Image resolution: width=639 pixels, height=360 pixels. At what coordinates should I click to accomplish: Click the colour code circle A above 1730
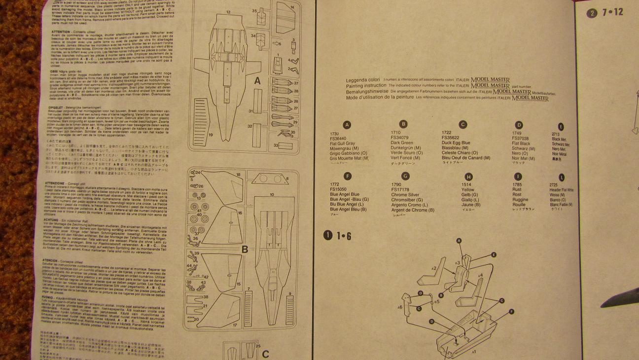[x=347, y=125]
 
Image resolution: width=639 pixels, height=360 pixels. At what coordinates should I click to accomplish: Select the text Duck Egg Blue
[x=456, y=143]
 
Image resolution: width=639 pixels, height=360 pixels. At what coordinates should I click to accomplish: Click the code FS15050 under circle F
[x=339, y=189]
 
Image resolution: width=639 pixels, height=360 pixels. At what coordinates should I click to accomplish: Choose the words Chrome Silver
[x=405, y=195]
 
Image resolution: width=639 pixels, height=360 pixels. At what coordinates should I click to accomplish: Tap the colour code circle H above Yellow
[x=468, y=177]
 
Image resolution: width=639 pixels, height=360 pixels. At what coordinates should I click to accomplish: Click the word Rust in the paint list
[x=517, y=189]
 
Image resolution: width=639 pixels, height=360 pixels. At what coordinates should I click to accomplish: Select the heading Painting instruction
[x=366, y=86]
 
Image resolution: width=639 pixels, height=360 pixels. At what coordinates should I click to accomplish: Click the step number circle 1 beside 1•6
[x=328, y=235]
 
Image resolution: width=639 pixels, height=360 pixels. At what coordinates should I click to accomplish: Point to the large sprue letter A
[x=257, y=81]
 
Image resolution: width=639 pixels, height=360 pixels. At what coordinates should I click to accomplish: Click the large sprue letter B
[x=244, y=250]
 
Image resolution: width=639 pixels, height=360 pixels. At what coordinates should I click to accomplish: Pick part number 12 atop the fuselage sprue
[x=228, y=12]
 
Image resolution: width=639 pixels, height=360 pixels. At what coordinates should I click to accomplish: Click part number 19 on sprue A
[x=211, y=134]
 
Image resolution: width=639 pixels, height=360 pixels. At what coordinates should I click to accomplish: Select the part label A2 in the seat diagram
[x=434, y=268]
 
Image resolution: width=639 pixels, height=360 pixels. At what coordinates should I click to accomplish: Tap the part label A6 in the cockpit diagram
[x=400, y=307]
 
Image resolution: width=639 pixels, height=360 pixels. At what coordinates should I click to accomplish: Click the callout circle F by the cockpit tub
[x=512, y=312]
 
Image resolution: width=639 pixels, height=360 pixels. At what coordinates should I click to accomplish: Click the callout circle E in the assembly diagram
[x=494, y=254]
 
